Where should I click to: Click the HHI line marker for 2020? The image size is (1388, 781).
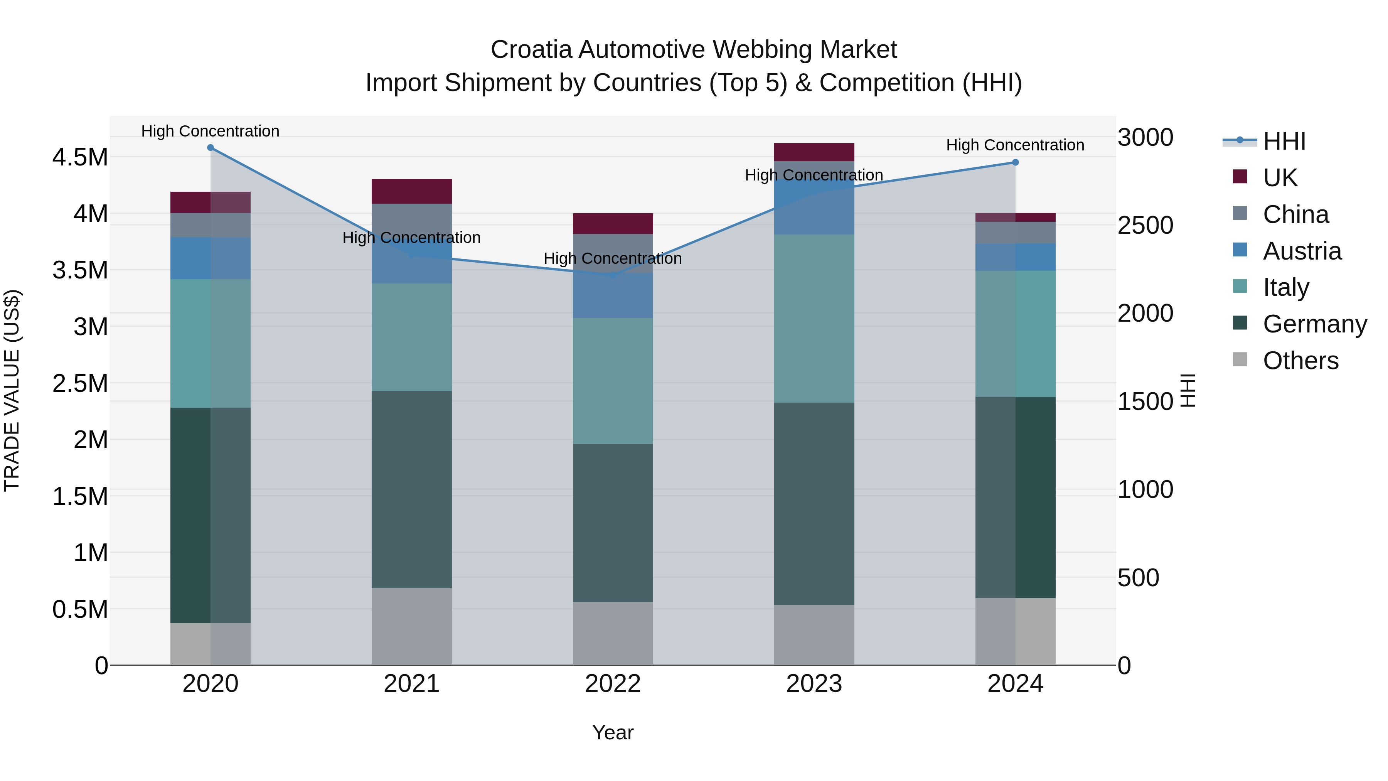point(211,148)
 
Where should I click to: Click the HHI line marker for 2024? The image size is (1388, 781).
point(1015,162)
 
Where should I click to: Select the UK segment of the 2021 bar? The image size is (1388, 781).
point(412,191)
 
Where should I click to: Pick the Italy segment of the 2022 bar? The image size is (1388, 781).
point(613,381)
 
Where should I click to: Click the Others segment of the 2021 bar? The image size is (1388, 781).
point(412,626)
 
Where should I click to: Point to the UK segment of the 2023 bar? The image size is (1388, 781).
point(814,152)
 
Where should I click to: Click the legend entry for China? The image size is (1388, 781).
point(1295,214)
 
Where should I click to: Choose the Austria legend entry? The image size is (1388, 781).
point(1302,251)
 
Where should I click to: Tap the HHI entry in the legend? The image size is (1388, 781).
point(1284,141)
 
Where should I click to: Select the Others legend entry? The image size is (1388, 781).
point(1300,361)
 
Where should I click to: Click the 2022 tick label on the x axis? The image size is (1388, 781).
point(613,684)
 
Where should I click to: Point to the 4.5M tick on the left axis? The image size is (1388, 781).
point(80,157)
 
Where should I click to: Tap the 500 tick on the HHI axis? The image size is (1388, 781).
point(1138,578)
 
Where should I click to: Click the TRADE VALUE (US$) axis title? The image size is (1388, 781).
point(12,390)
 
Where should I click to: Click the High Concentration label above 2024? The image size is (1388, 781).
point(1015,145)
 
